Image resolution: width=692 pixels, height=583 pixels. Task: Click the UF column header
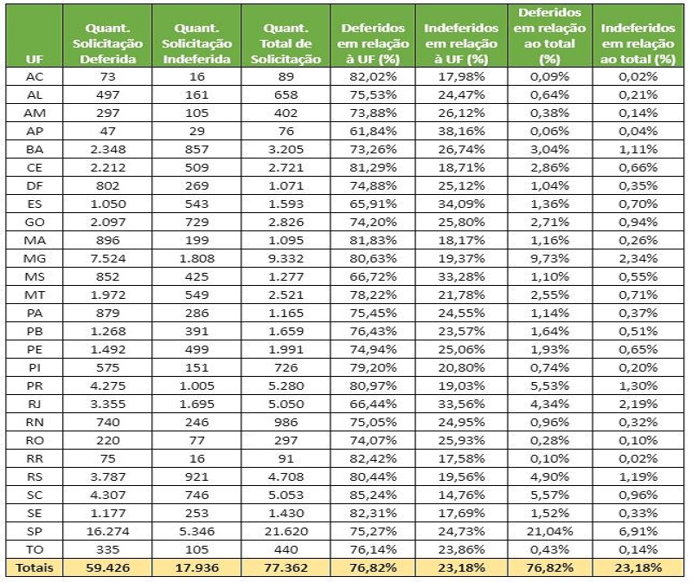35,58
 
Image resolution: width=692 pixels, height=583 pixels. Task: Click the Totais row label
35,567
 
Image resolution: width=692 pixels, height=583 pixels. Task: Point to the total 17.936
198,567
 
